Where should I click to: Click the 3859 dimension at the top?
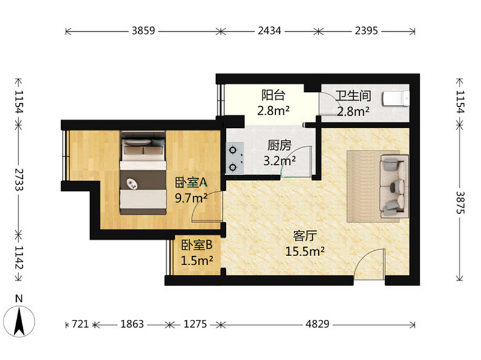pos(144,31)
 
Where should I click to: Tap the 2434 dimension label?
pos(270,31)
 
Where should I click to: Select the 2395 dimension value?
pos(366,31)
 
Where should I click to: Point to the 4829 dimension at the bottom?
pos(317,324)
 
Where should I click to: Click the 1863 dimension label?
pos(132,324)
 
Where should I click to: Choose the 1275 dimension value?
pos(195,324)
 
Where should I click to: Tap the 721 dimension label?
pos(80,324)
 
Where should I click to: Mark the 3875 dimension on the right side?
pos(460,203)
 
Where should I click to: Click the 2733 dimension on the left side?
pos(19,179)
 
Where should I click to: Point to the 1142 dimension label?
pos(19,257)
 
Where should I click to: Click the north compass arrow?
pos(19,322)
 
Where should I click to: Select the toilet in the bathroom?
pos(396,99)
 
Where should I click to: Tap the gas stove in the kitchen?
pos(235,159)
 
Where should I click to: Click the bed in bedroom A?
pos(143,173)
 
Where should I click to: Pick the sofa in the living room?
pos(395,186)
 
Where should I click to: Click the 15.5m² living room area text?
pos(305,251)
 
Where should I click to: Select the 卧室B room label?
pos(196,245)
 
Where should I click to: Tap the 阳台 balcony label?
pos(273,95)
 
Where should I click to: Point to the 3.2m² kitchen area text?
pos(279,160)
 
